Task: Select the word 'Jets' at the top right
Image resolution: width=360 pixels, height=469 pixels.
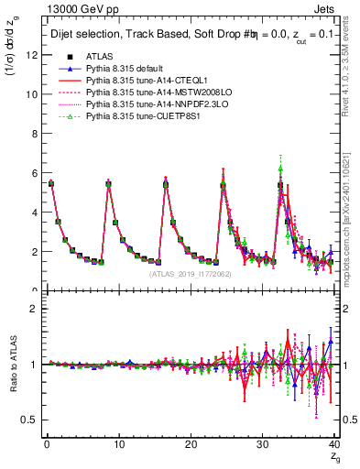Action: [325, 8]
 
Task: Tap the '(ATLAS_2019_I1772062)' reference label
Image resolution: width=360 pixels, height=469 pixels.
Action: [191, 273]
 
